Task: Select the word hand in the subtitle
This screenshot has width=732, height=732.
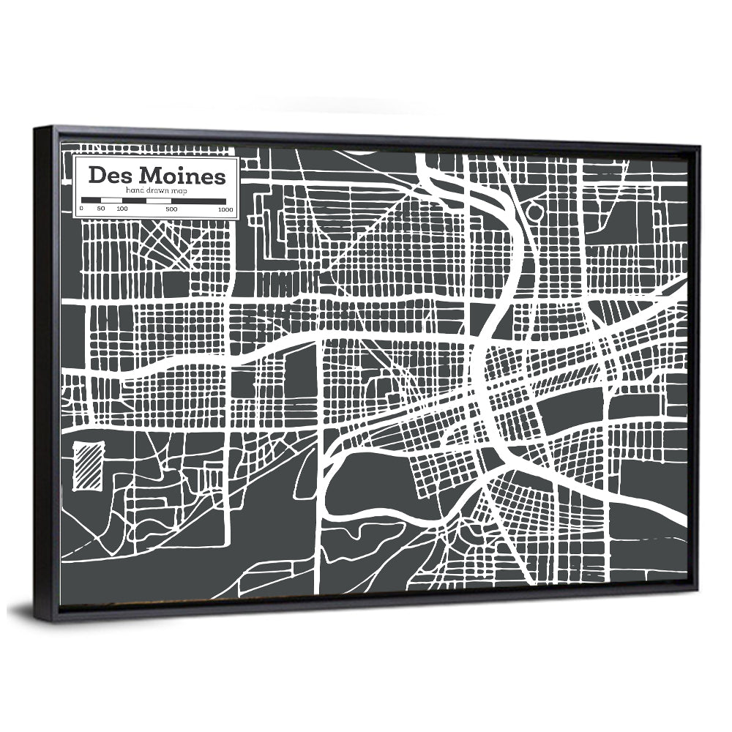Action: point(135,190)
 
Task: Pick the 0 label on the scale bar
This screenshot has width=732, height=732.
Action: point(81,209)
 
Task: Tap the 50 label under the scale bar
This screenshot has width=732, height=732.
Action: point(101,209)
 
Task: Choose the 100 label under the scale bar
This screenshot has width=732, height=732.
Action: point(122,209)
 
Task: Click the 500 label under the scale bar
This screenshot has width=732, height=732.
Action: point(171,209)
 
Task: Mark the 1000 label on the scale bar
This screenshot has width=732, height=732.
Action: point(225,209)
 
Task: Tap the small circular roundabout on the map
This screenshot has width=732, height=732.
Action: point(535,213)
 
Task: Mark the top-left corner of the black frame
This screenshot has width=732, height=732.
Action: point(35,128)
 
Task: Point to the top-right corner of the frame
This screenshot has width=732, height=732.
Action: point(700,147)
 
